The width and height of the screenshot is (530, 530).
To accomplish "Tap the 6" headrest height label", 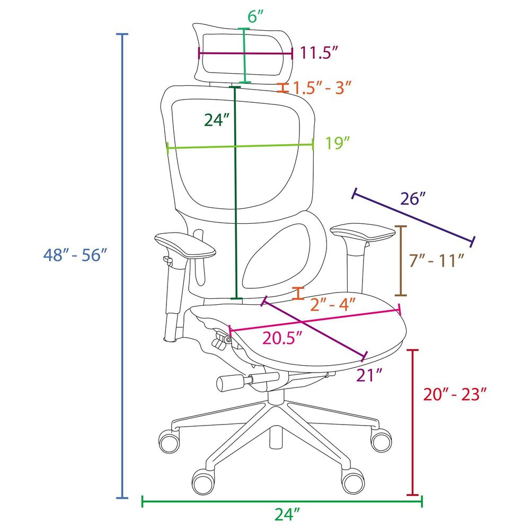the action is tap(255, 16).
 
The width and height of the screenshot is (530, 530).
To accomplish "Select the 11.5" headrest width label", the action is tap(319, 52).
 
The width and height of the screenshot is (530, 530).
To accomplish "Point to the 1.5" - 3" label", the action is tap(322, 87).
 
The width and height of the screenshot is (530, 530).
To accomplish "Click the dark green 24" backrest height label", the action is tap(217, 119).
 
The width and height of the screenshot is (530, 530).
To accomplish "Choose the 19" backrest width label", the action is tap(337, 143).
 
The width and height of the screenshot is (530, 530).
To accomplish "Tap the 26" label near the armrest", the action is tap(412, 198).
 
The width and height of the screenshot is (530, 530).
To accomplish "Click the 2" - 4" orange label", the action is tap(333, 305).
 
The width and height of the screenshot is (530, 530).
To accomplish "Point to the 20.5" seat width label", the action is tap(282, 338).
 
